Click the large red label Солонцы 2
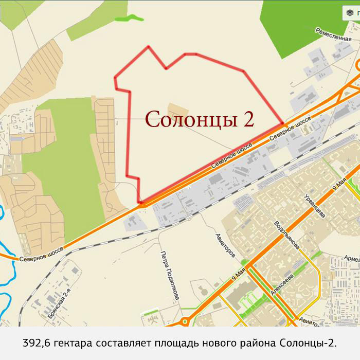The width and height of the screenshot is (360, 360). point(200,119)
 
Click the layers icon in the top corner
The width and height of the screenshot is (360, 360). point(350,13)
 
